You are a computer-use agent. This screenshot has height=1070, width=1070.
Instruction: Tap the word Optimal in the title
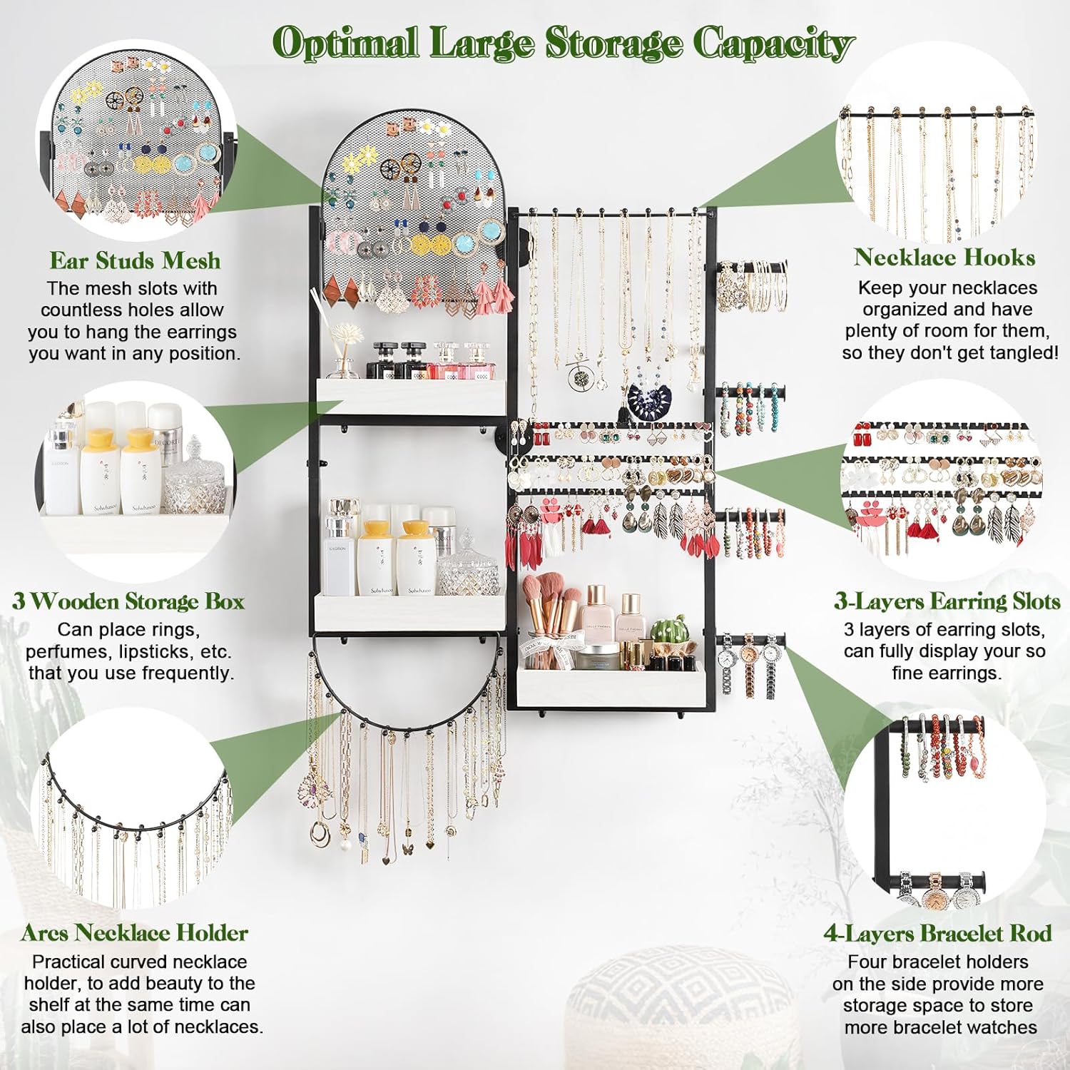(x=345, y=43)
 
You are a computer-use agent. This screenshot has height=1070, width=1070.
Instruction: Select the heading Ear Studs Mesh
(x=135, y=261)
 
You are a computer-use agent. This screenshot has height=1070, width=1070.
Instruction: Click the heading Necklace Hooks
(x=944, y=258)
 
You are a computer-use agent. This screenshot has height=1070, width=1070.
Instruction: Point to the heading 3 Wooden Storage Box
(x=128, y=601)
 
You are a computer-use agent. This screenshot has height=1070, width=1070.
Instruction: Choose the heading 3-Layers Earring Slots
(x=947, y=601)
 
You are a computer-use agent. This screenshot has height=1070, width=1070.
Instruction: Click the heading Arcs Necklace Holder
(x=135, y=933)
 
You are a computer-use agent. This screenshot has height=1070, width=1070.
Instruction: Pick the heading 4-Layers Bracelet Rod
(x=937, y=933)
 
